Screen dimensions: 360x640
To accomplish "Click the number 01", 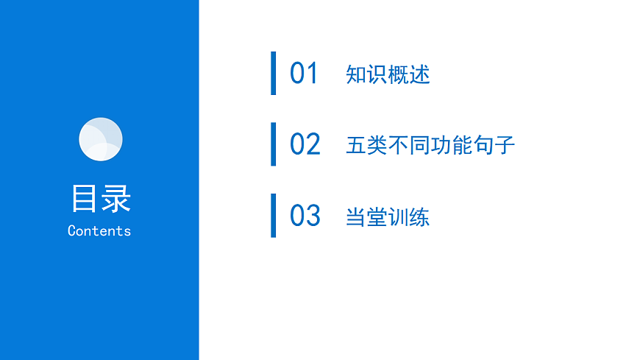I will (304, 74).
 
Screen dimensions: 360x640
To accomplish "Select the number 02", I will (305, 144).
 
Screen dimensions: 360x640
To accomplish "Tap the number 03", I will (305, 216).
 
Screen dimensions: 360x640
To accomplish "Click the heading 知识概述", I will (388, 74).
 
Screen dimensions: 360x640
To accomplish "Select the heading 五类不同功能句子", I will (430, 145).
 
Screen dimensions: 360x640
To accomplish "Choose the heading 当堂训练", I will (388, 217).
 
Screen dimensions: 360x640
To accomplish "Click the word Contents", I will (99, 230).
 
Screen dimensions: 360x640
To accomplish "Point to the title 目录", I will (100, 199).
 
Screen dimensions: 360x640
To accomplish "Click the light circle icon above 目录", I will (100, 139).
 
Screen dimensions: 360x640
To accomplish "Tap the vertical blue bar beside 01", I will (274, 74).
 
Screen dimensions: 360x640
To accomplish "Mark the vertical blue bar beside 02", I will (274, 144).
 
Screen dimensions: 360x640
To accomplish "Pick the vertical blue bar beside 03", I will (274, 216).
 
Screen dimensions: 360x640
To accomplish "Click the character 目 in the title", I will (84, 199).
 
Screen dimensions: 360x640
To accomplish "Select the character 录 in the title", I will (116, 199).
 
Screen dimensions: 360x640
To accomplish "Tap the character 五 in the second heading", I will (356, 145).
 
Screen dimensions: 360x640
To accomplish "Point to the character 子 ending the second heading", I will (505, 145).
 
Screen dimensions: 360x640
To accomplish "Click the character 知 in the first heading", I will (356, 74).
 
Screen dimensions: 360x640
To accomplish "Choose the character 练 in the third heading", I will (420, 217).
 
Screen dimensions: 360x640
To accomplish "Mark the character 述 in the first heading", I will (420, 74).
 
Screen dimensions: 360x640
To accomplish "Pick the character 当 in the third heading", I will (356, 217).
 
